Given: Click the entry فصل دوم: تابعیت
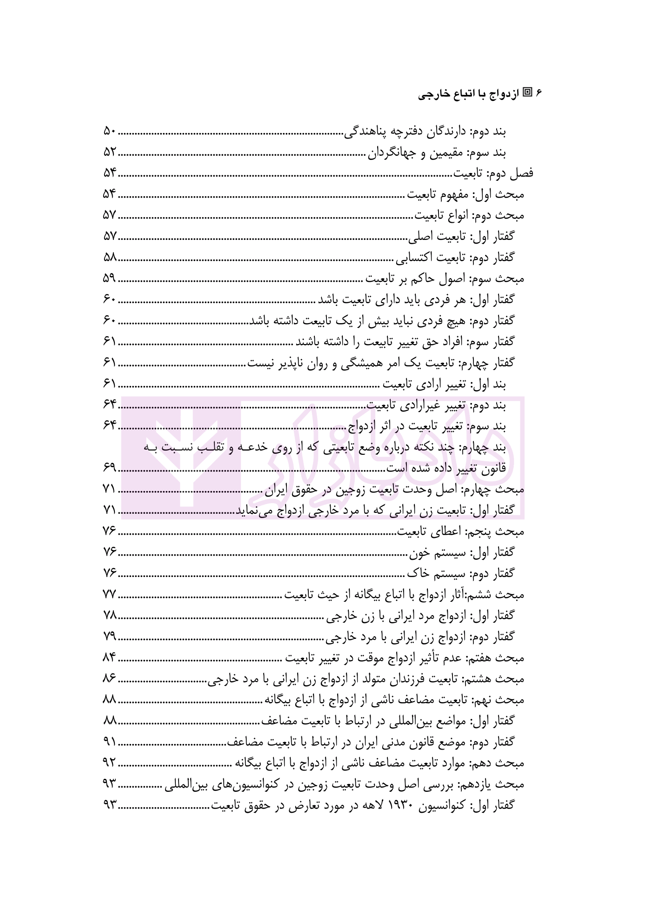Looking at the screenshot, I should point(493,174).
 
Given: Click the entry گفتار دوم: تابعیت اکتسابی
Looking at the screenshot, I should point(455,258).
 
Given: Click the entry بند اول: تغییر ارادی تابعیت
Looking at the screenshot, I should point(444,384).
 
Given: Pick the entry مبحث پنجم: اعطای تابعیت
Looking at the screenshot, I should point(460,531).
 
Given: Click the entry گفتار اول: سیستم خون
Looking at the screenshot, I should point(462,552).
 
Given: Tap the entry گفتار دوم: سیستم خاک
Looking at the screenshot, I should point(461,573).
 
